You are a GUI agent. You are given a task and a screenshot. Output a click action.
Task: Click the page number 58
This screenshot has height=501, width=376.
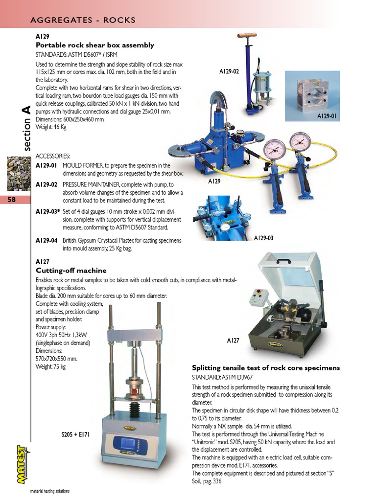(x=12, y=199)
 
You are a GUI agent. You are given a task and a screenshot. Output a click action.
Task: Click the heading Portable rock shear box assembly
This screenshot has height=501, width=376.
(x=95, y=45)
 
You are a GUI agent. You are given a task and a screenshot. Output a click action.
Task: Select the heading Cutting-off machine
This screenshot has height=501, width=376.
(x=71, y=270)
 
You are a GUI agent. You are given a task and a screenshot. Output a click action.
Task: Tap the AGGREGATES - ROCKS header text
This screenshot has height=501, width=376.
(x=83, y=20)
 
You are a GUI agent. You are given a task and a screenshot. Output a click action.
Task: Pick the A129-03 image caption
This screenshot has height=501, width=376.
(x=263, y=238)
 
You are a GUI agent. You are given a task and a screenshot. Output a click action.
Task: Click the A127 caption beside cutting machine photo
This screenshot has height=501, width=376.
(x=233, y=340)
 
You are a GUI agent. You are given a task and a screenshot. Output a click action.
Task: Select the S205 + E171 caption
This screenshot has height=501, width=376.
(x=75, y=433)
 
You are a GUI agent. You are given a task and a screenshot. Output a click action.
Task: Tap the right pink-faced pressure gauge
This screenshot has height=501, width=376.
(x=300, y=141)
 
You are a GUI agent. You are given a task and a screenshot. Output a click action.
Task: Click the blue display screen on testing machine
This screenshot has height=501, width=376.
(x=125, y=444)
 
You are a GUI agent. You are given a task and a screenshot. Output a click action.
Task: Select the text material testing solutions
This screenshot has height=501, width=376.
(x=50, y=491)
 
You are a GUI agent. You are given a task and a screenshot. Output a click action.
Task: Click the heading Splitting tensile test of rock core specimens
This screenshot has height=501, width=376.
(x=266, y=367)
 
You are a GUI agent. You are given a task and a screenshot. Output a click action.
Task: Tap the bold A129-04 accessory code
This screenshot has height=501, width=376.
(x=47, y=240)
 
